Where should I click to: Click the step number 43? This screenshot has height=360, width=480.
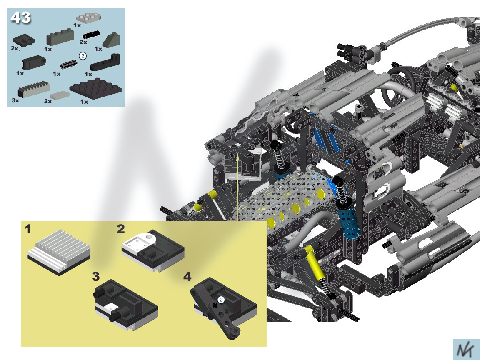tap(20, 17)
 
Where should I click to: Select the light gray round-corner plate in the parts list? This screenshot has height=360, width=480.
tap(88, 18)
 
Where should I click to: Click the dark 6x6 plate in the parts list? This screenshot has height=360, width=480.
tap(95, 89)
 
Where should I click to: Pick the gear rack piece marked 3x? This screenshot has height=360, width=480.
tap(34, 89)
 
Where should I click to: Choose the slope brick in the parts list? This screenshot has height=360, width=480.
tap(111, 40)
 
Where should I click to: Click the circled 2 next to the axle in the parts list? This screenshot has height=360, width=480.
tap(82, 56)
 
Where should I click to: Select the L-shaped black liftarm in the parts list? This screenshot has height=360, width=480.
tap(105, 62)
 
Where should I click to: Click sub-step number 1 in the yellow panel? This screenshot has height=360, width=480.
tap(28, 229)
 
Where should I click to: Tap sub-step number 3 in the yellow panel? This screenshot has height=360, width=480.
tap(96, 276)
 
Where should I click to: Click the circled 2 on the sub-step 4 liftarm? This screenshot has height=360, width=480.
tap(221, 300)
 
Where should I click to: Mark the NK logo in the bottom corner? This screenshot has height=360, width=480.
tap(466, 349)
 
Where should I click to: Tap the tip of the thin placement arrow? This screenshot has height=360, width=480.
tap(237, 155)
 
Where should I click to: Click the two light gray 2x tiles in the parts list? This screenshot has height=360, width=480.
tap(60, 95)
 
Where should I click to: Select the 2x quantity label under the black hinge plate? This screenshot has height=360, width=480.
tap(15, 48)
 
